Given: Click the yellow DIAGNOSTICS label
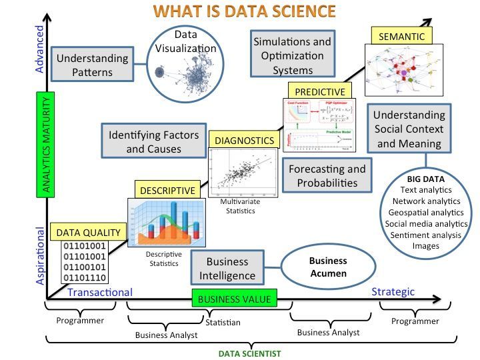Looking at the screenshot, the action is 243,141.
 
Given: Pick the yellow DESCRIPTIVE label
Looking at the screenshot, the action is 168,190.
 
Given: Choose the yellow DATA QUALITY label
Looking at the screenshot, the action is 89,232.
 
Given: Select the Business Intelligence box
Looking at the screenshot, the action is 227,268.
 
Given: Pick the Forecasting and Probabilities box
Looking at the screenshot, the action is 327,175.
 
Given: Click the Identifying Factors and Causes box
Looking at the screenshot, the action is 153,141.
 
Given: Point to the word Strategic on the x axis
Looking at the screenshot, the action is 393,291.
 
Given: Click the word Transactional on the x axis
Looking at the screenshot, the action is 99,292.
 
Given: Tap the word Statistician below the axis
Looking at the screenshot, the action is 222,323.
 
